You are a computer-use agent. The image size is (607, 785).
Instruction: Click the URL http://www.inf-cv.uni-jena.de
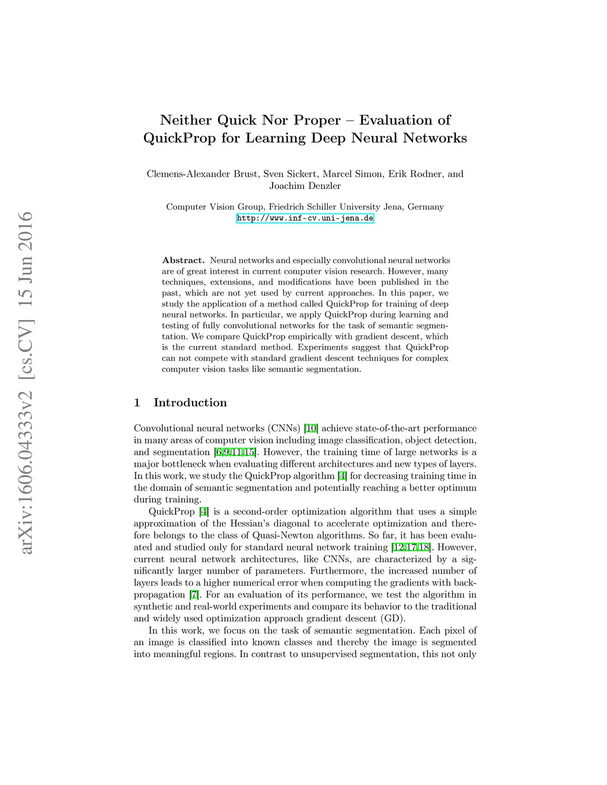click(x=305, y=218)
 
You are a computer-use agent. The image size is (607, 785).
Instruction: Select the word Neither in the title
click(x=186, y=120)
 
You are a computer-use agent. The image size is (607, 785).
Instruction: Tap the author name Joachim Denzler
click(x=305, y=185)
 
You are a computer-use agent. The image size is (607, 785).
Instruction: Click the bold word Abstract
click(x=183, y=260)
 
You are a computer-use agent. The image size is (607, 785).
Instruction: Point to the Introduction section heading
click(x=190, y=402)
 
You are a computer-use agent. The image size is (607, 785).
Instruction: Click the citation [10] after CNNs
click(x=311, y=428)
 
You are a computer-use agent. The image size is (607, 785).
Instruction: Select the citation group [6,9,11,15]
click(x=235, y=452)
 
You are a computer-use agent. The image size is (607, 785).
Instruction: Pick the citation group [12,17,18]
click(x=411, y=547)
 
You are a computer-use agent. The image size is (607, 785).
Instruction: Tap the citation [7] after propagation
click(x=194, y=594)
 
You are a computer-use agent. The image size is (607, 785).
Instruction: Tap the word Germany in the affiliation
click(x=426, y=207)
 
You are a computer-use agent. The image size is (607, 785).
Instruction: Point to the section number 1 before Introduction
click(x=137, y=402)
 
